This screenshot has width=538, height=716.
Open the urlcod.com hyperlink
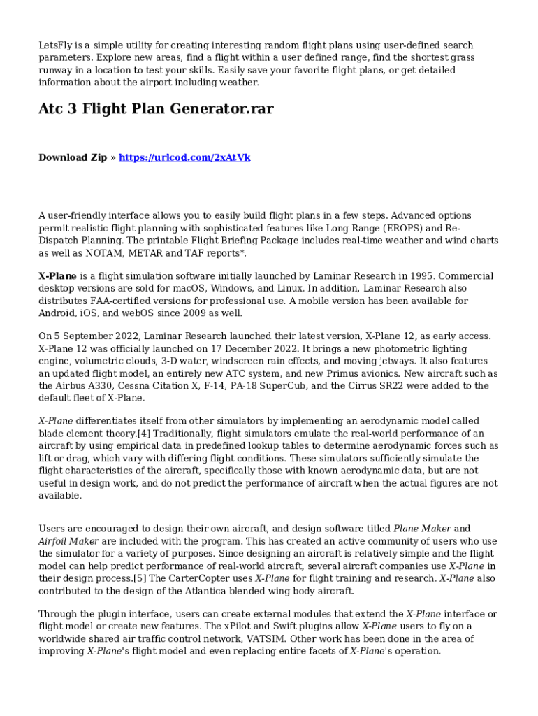click(x=184, y=158)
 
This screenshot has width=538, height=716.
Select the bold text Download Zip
click(x=73, y=158)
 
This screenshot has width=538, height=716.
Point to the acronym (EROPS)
click(x=391, y=228)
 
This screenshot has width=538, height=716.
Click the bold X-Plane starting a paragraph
click(x=57, y=276)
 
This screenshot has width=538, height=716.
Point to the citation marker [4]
click(x=145, y=434)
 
